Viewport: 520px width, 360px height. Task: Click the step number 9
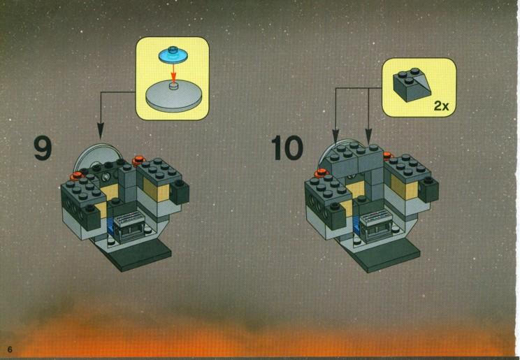pos(43,149)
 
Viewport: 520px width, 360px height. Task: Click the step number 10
pos(287,148)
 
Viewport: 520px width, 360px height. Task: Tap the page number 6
pos(10,350)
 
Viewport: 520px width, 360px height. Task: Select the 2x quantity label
pos(442,106)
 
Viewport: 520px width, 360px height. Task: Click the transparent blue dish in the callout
pos(173,55)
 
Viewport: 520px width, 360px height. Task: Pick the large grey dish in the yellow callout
pos(174,95)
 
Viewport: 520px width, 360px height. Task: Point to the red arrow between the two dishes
pos(173,72)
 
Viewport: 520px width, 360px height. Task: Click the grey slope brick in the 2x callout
pos(412,85)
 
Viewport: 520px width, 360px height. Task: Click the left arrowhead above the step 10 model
pos(335,136)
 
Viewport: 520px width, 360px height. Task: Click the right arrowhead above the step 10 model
pos(369,136)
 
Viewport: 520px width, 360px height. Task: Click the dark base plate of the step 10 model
pos(384,255)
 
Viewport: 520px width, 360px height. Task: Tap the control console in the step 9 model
pos(129,226)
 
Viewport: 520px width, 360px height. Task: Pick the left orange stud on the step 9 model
pos(77,175)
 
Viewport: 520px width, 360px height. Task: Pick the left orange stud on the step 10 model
pos(322,173)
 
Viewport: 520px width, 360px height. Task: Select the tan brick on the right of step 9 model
pos(157,190)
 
